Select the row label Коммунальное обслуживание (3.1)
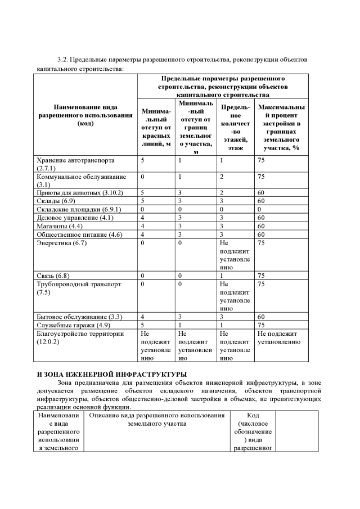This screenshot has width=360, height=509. (81, 180)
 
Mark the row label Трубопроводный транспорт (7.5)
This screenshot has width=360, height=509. (79, 288)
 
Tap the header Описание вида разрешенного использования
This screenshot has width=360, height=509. (157, 419)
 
